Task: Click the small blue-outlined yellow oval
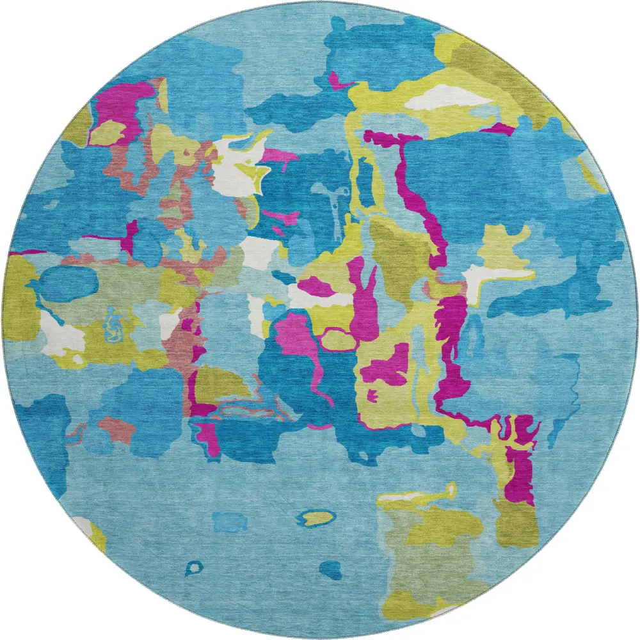[x=318, y=516]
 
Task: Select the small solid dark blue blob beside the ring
[x=331, y=568]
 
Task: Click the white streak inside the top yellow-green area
[x=448, y=98]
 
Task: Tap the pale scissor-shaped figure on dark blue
[x=335, y=204]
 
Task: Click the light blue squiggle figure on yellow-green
[x=113, y=323]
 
